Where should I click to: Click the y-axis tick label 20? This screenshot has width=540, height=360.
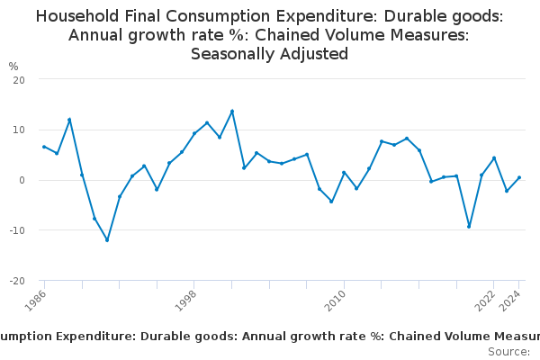pos(19,79)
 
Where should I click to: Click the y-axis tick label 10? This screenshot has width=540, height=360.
pos(19,130)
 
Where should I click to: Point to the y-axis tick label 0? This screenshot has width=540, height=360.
pos(22,180)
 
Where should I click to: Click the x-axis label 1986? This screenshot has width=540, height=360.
pos(35,301)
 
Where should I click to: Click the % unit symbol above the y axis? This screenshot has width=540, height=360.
pos(13,67)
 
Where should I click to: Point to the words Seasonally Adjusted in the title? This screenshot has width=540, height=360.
pos(269,54)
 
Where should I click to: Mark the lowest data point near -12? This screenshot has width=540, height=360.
pos(107,240)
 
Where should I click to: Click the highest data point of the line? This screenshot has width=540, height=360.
pos(232,112)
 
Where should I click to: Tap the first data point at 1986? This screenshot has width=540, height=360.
pos(44,147)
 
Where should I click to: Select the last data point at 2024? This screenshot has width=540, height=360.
pos(519,177)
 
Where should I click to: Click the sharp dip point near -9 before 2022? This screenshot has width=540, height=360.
pos(469,227)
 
